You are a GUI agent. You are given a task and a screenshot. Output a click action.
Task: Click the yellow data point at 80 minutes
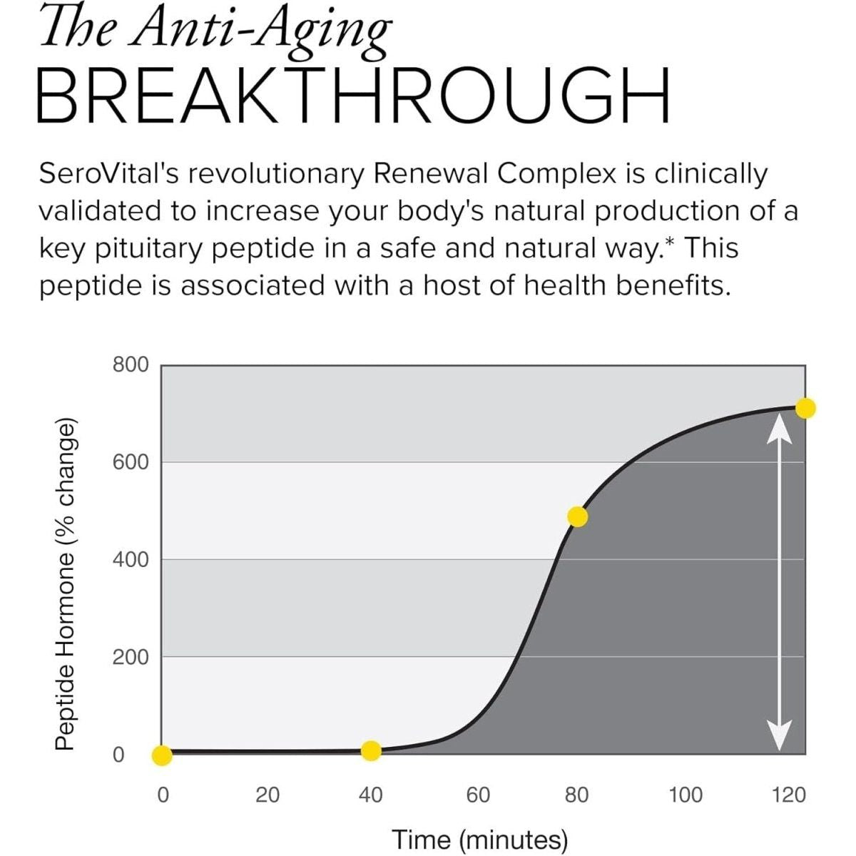click(x=578, y=516)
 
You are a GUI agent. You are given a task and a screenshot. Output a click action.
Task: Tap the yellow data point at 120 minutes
click(x=805, y=408)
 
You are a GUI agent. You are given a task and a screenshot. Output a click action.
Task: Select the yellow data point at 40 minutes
click(x=371, y=750)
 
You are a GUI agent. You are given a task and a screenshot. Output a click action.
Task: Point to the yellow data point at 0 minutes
click(x=162, y=755)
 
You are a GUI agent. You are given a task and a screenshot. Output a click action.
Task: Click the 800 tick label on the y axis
click(x=131, y=365)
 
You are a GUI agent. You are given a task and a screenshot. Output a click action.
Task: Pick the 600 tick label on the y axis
click(x=131, y=462)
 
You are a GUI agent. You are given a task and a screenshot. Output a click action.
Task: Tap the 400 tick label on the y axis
click(x=131, y=559)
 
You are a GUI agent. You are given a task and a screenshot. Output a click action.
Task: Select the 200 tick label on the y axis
click(x=131, y=656)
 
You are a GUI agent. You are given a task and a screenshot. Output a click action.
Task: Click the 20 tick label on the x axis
click(x=267, y=795)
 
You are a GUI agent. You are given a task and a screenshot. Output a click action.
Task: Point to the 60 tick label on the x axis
click(x=478, y=795)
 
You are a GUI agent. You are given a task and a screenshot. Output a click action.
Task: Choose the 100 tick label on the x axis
click(x=686, y=795)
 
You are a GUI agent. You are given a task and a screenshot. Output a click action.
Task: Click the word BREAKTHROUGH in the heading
click(x=353, y=94)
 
